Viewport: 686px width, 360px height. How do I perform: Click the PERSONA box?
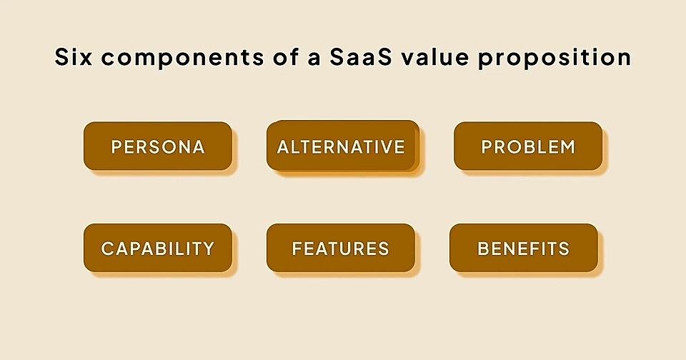click(x=158, y=146)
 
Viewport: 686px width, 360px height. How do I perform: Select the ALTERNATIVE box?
click(x=341, y=146)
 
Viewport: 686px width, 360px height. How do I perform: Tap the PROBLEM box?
click(x=528, y=146)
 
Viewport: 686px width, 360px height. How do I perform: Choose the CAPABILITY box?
click(x=158, y=248)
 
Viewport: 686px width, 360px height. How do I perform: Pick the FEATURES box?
click(x=341, y=248)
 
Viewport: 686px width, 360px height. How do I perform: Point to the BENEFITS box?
click(x=524, y=248)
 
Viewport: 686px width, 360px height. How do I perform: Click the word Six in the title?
click(x=73, y=57)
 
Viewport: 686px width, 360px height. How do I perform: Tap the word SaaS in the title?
click(x=359, y=57)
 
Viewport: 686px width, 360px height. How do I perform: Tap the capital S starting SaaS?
click(x=339, y=57)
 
